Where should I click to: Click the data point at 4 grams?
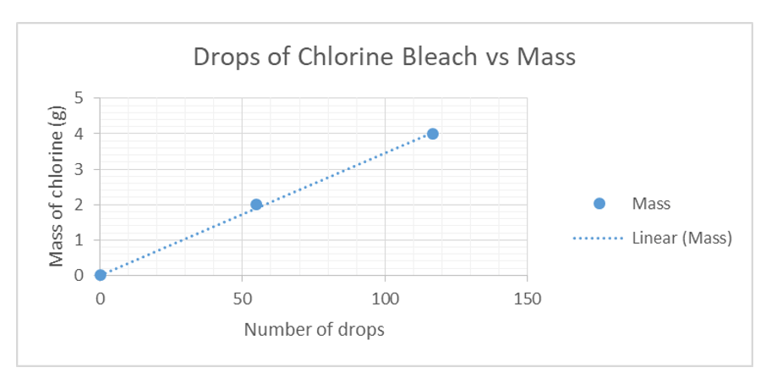coord(433,134)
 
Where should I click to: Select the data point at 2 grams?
coord(256,204)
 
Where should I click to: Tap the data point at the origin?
coord(101,275)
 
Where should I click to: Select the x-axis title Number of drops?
coord(314,330)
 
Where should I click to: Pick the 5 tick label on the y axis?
coord(79,97)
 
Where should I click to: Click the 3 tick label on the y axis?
coord(79,168)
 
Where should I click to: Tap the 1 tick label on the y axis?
coord(79,239)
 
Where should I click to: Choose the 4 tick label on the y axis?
coord(79,133)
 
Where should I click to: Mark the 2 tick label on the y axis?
coord(79,204)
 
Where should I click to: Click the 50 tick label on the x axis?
coord(243,299)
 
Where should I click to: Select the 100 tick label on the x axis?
coord(385,299)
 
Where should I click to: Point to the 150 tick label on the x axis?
coord(527,299)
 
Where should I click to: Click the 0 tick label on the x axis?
coord(101,299)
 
